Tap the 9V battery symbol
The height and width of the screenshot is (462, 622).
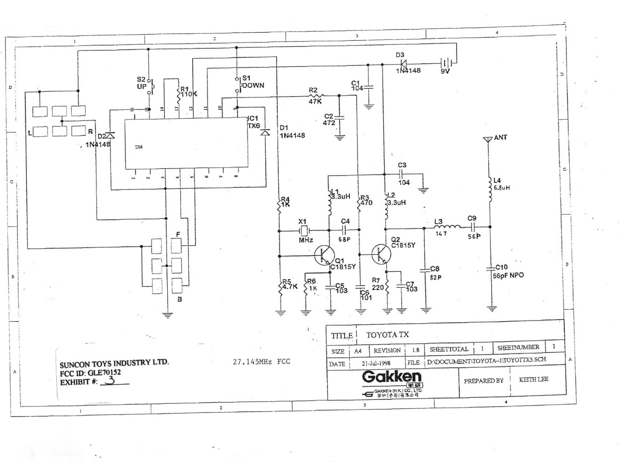[446, 63]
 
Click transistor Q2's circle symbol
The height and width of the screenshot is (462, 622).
[381, 253]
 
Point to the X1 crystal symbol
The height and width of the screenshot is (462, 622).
[304, 230]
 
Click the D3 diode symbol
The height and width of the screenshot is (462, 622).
[402, 63]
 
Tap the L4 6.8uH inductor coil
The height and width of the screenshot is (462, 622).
[490, 189]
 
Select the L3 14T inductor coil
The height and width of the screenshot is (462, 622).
[446, 227]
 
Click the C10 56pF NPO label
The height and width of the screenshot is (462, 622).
[508, 272]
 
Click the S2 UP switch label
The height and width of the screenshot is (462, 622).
[141, 83]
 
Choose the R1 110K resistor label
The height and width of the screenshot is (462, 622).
[189, 91]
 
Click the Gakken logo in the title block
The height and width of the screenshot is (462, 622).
[392, 376]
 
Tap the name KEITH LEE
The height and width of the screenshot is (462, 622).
[533, 379]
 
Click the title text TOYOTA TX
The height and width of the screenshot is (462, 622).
[387, 334]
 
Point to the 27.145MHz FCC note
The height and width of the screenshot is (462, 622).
[261, 361]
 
